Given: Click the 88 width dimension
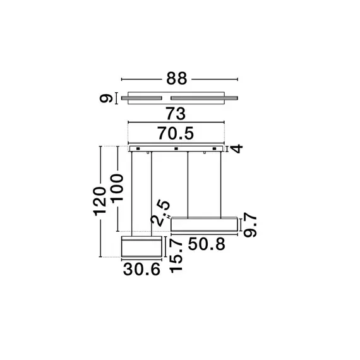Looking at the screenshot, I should [x=179, y=80].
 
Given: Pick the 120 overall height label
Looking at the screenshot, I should [x=100, y=201].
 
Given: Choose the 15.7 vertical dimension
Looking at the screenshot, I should [x=176, y=255].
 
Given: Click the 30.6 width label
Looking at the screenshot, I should [x=142, y=269].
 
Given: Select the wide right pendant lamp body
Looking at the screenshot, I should [x=203, y=224].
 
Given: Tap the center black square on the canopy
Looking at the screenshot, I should [x=176, y=149].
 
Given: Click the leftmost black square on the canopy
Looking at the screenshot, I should [x=136, y=149].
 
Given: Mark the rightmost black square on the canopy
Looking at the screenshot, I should [x=215, y=149].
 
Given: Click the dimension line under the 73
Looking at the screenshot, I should [x=177, y=122].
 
